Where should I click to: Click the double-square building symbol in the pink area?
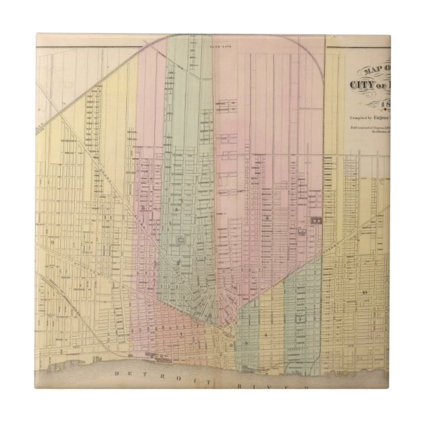316,219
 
